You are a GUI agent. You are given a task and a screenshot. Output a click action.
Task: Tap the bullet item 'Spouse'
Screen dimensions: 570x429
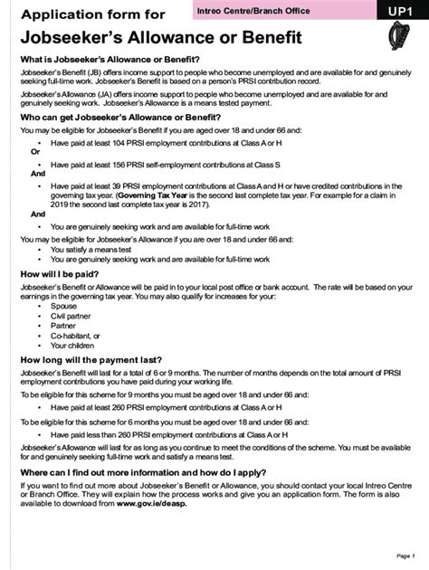tap(64, 306)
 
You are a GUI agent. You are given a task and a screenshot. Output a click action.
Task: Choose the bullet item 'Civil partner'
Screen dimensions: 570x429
tap(71, 316)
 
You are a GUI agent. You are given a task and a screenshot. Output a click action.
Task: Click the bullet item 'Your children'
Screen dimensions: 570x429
tap(72, 345)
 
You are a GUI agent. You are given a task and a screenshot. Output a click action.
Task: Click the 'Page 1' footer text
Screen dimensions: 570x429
tap(405, 556)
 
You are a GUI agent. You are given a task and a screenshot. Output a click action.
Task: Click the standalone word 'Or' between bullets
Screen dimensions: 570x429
tap(35, 152)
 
